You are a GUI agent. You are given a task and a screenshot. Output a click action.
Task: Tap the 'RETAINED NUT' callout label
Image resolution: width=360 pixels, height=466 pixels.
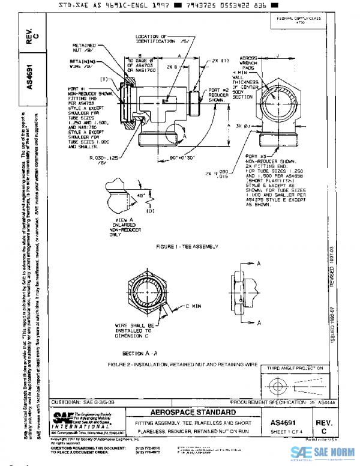tap(84, 49)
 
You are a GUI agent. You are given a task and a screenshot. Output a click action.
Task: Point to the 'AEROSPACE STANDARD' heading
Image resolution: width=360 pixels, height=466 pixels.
tap(189, 413)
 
